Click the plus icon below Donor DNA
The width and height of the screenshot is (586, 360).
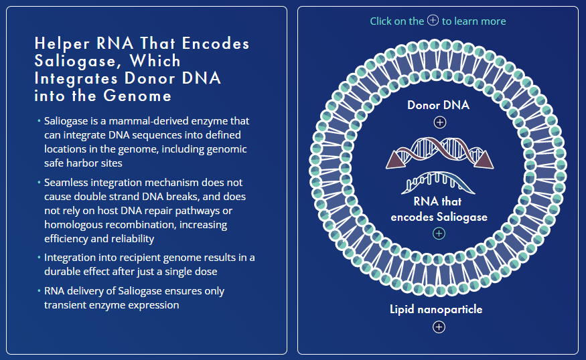[439, 122]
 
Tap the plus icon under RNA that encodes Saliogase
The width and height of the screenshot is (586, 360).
[439, 234]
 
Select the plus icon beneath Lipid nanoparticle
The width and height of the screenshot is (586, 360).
[439, 327]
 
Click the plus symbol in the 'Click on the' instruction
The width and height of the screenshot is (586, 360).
[433, 21]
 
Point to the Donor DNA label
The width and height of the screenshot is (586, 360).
[438, 105]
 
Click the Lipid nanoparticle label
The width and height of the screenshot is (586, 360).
[436, 309]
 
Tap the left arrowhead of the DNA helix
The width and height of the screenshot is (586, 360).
[395, 158]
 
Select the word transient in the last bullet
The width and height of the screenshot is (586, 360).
[66, 304]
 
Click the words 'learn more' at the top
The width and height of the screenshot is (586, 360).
[480, 21]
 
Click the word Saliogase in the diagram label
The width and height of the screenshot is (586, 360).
[462, 217]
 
